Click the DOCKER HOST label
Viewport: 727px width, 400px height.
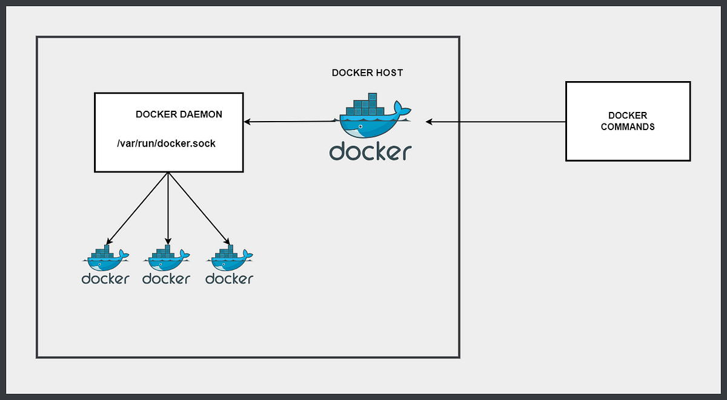click(x=367, y=73)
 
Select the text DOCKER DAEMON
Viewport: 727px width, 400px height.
click(x=179, y=114)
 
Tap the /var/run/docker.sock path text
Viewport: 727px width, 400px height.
click(x=166, y=143)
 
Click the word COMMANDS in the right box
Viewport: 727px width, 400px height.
click(x=628, y=126)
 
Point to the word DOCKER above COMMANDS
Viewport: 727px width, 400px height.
click(x=628, y=116)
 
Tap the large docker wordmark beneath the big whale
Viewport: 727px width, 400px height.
click(x=370, y=151)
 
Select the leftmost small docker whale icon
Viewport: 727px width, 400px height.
click(x=106, y=258)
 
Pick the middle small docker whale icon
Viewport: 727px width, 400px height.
click(x=167, y=258)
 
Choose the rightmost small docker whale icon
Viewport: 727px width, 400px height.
click(x=230, y=258)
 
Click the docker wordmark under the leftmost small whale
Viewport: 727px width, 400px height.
click(x=105, y=279)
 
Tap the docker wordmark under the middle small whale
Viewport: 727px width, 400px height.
click(x=166, y=279)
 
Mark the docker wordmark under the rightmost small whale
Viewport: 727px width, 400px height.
click(x=229, y=279)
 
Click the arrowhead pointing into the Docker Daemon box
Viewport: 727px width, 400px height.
click(x=247, y=122)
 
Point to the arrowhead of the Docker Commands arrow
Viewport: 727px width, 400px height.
click(x=429, y=122)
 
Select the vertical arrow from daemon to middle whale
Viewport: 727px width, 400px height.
click(x=168, y=208)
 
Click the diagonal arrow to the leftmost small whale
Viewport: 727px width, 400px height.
click(x=138, y=208)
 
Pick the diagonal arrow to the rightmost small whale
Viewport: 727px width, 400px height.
click(x=199, y=208)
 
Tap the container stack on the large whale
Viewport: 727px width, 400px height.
click(x=365, y=104)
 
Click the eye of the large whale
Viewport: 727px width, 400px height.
click(x=360, y=126)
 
